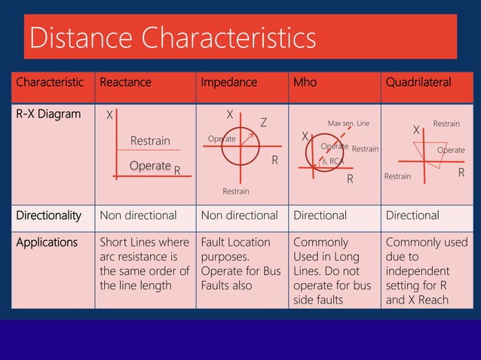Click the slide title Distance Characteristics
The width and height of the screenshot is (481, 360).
tap(172, 37)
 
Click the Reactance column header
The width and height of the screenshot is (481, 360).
tap(125, 83)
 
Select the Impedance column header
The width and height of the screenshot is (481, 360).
tap(228, 83)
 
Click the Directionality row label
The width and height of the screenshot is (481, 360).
tap(49, 215)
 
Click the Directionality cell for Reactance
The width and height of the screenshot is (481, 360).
tap(138, 215)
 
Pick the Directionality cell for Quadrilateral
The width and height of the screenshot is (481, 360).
tap(412, 215)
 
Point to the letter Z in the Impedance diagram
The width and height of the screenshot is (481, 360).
tap(264, 122)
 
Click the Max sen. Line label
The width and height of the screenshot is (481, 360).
tap(348, 123)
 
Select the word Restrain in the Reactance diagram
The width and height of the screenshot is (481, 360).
tap(150, 141)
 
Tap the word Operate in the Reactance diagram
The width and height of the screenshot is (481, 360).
tap(150, 166)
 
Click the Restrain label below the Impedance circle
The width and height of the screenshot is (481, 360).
tap(236, 192)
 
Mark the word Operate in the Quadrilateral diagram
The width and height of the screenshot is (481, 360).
tap(451, 150)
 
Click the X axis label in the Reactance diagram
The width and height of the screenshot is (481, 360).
tap(109, 115)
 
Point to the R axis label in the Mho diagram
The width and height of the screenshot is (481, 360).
tap(350, 179)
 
